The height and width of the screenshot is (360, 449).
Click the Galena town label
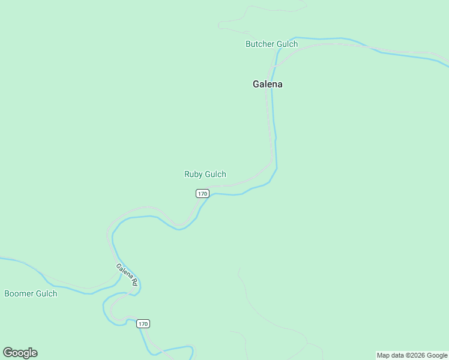pos(267,84)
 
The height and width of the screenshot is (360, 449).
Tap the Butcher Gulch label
pos(271,44)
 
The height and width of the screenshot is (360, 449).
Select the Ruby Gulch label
pos(205,175)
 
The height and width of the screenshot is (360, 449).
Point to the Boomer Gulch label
pos(31,293)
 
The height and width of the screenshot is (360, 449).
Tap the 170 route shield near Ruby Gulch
pos(202,193)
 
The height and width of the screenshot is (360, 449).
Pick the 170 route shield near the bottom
pos(143,323)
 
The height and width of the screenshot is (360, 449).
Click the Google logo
pos(20,353)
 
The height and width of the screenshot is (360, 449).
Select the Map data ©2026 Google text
pos(412,356)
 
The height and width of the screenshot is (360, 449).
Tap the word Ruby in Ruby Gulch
pos(193,175)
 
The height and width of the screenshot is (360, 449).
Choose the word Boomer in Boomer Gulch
pos(19,293)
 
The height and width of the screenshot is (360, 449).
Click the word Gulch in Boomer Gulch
pos(46,293)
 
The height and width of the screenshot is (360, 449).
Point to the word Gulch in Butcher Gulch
pos(287,44)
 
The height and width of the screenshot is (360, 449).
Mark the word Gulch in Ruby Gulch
pos(215,175)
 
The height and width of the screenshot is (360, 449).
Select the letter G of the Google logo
pos(8,353)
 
